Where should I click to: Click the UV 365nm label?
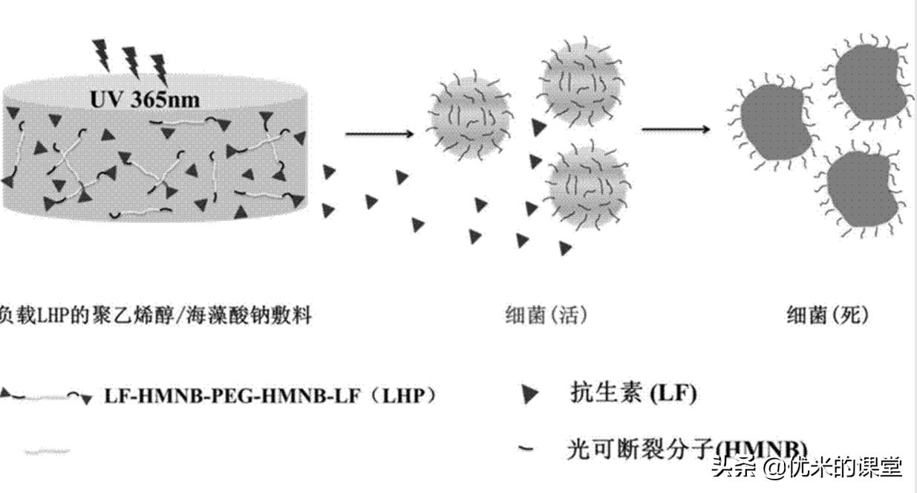(145, 99)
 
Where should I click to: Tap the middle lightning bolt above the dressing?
(131, 62)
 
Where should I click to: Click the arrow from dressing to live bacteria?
(379, 134)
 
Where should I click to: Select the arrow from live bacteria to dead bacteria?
(675, 129)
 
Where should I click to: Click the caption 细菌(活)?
(546, 316)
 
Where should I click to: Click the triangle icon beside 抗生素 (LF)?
(530, 395)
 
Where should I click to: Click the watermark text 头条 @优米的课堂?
(806, 467)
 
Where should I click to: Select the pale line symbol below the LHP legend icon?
(47, 451)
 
